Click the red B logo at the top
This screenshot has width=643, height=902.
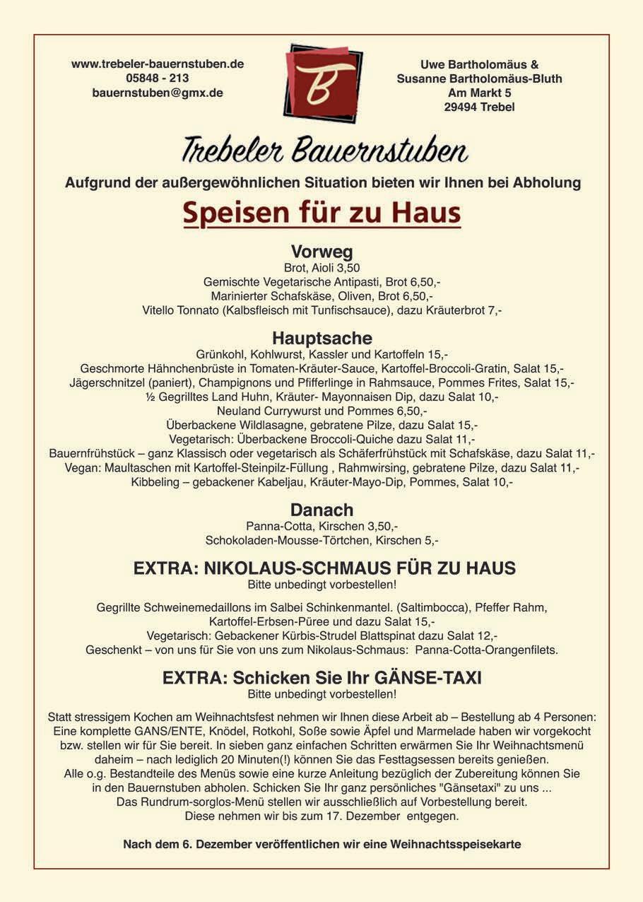[322, 83]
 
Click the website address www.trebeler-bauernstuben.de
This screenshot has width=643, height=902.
[158, 64]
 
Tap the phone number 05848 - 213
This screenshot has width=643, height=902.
[158, 78]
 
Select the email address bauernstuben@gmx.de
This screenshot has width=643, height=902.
[158, 93]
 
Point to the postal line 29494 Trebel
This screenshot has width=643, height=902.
[479, 107]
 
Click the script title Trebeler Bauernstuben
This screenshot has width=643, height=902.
[324, 151]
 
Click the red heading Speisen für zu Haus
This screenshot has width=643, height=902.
[321, 213]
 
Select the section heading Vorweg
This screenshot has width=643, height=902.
[321, 252]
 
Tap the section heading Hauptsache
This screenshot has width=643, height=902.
[321, 338]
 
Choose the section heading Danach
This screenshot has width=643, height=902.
[321, 510]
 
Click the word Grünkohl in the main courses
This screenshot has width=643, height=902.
[219, 354]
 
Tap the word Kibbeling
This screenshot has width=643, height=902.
[155, 482]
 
